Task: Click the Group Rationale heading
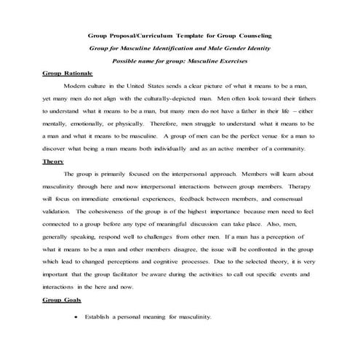[65, 74]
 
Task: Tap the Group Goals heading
[62, 300]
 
